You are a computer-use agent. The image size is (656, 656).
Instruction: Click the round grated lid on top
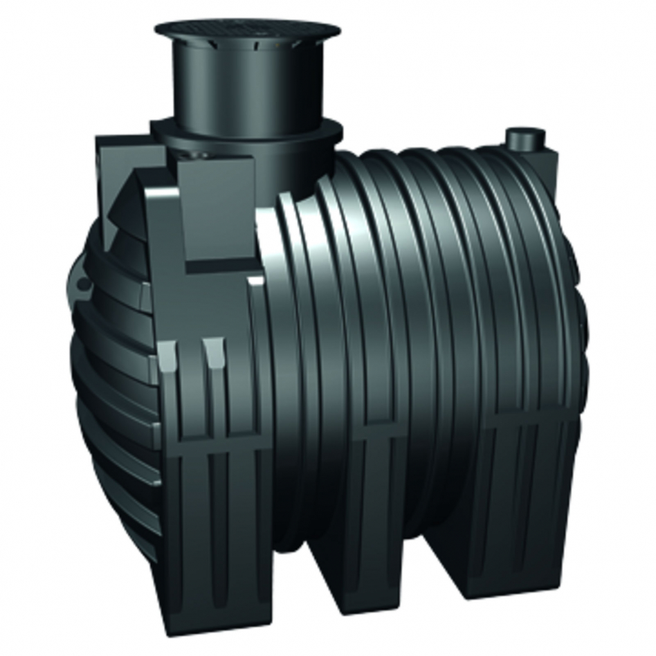pos(247,29)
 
